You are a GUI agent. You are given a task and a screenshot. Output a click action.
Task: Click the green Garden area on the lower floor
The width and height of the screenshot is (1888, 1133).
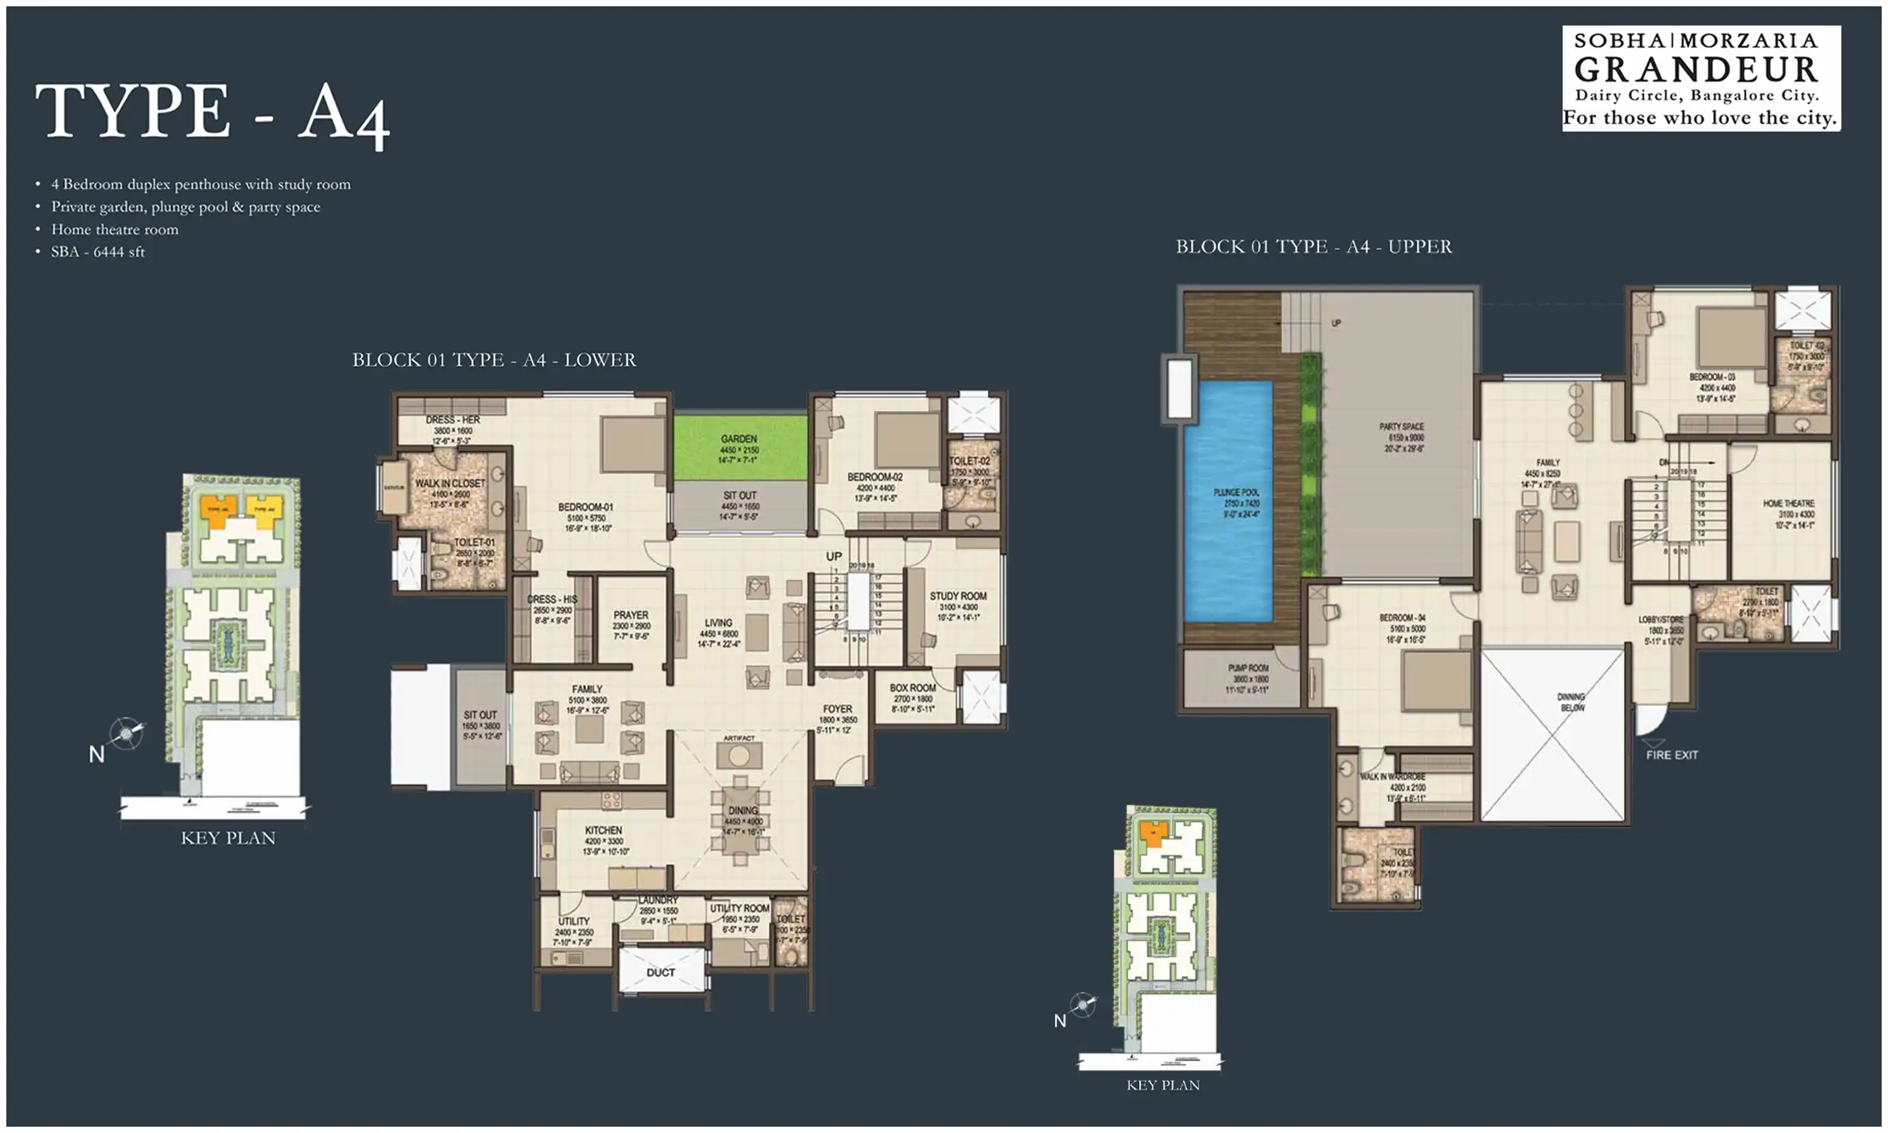(x=739, y=447)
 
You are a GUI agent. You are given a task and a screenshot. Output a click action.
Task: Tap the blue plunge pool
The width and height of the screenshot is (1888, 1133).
(x=1228, y=500)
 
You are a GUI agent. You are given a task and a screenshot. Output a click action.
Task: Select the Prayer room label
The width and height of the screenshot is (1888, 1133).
(x=631, y=616)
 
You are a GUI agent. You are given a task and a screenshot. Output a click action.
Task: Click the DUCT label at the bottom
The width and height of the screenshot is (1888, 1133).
(x=660, y=972)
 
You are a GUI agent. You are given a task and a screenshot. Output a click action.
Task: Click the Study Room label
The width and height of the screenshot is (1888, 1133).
(x=957, y=596)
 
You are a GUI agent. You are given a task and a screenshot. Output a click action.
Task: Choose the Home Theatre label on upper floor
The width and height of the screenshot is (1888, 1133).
(x=1788, y=504)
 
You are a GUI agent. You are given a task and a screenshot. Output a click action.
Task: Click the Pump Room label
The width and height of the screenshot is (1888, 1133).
(x=1248, y=668)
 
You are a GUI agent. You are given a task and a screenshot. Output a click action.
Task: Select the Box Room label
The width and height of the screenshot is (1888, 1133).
(x=912, y=688)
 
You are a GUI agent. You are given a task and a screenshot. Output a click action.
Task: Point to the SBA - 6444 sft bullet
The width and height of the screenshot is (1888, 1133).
(x=98, y=252)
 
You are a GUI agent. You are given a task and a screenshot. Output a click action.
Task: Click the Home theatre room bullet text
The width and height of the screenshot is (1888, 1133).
(x=115, y=229)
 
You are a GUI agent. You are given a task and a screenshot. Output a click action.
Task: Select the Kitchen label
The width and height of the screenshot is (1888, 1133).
(x=603, y=830)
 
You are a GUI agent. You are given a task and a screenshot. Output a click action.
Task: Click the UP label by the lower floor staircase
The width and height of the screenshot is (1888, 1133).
(x=833, y=556)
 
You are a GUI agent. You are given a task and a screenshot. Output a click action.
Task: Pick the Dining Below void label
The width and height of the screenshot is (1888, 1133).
(x=1571, y=702)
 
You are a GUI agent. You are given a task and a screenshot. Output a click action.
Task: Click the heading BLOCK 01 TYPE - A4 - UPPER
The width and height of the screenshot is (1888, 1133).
(x=1313, y=247)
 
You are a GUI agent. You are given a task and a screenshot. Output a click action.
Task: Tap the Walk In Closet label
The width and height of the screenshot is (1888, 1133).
(x=449, y=483)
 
